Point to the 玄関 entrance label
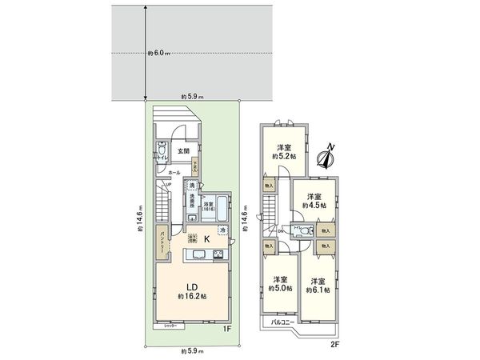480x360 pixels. tap(183, 150)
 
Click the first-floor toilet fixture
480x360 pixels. tap(162, 150)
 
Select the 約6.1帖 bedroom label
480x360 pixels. tap(317, 286)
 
